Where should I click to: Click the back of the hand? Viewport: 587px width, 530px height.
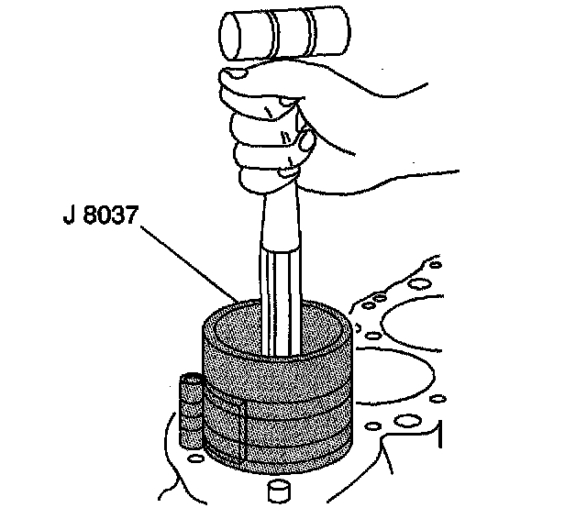pyautogui.click(x=358, y=128)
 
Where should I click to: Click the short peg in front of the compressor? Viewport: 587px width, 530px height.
pyautogui.click(x=278, y=490)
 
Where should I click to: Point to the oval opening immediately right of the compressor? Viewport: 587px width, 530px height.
pyautogui.click(x=368, y=337)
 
